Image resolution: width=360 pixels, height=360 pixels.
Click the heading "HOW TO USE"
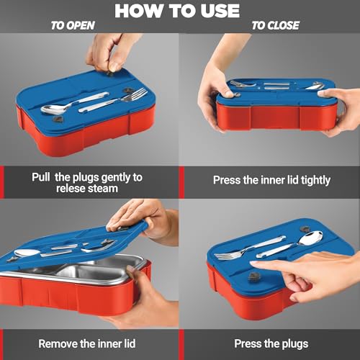177,11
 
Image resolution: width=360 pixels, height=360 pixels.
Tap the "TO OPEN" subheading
73,25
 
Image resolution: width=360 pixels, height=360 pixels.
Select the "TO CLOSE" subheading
276,25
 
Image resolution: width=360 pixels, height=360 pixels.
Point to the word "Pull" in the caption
41,177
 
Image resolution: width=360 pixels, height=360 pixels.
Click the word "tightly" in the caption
315,181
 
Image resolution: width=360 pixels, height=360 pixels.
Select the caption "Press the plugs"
271,344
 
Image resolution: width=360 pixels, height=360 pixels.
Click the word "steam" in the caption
102,189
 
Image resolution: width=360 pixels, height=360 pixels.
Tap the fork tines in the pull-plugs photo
138,94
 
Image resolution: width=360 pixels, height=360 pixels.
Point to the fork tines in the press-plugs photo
225,256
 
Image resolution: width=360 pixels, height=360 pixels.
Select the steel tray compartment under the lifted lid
92,273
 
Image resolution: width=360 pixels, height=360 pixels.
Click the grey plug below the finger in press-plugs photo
254,276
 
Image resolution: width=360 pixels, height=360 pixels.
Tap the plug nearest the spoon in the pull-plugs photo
58,119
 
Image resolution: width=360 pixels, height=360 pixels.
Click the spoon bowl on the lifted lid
27,253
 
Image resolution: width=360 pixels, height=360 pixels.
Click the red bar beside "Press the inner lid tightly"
181,182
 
